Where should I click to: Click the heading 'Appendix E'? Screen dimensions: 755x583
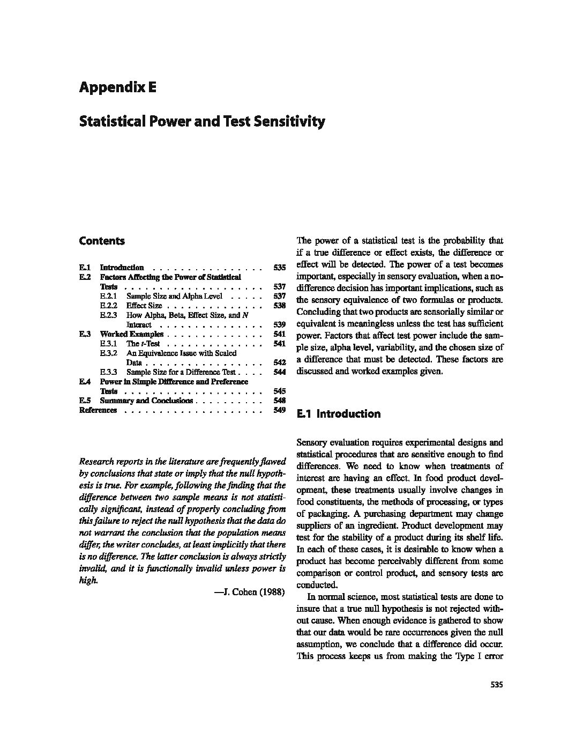click(x=117, y=87)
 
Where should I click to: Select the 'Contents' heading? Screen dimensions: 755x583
click(x=102, y=241)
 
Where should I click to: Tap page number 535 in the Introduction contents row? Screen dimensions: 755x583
click(x=279, y=268)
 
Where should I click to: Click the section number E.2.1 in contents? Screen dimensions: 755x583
click(x=108, y=296)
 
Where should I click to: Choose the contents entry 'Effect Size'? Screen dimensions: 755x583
click(x=144, y=306)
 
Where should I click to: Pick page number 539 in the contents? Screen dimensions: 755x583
click(x=279, y=324)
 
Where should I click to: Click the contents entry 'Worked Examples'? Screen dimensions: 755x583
click(x=132, y=334)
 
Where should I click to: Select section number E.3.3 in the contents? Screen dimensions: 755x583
click(x=108, y=372)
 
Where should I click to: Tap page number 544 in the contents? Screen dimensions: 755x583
click(x=279, y=372)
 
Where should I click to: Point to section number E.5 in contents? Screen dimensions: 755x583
click(x=85, y=401)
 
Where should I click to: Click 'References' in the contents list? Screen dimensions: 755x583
click(x=98, y=410)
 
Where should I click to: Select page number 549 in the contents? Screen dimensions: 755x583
click(x=279, y=410)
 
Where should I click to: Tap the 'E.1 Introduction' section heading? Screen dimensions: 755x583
click(x=339, y=414)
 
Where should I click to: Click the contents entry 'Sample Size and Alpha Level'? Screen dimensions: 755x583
click(x=170, y=296)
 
